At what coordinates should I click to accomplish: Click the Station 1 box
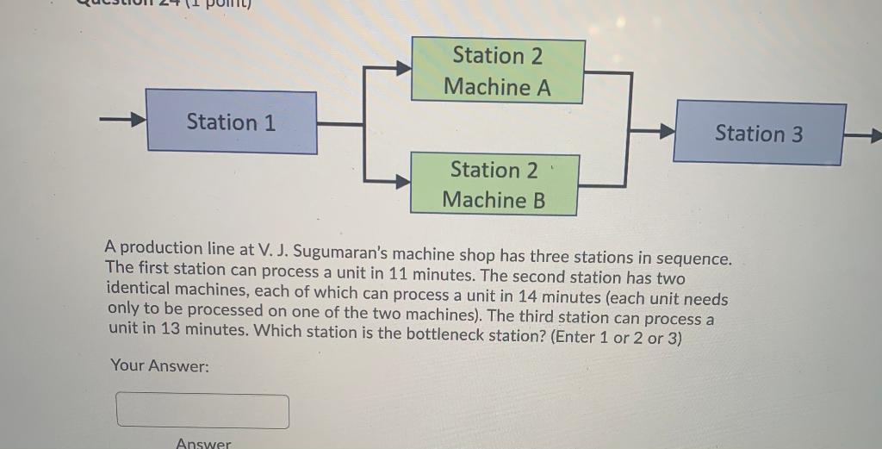pyautogui.click(x=231, y=122)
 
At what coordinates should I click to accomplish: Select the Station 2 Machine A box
pyautogui.click(x=498, y=71)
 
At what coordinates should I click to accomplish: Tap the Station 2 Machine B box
pyautogui.click(x=494, y=184)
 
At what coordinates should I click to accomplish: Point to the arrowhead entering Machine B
pyautogui.click(x=402, y=181)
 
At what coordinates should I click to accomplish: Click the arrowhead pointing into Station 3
pyautogui.click(x=665, y=132)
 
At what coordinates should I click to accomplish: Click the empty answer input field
pyautogui.click(x=202, y=411)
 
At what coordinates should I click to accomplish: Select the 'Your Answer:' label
pyautogui.click(x=159, y=366)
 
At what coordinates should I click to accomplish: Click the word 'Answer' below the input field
pyautogui.click(x=203, y=443)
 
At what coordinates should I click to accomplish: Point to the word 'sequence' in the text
pyautogui.click(x=693, y=259)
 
